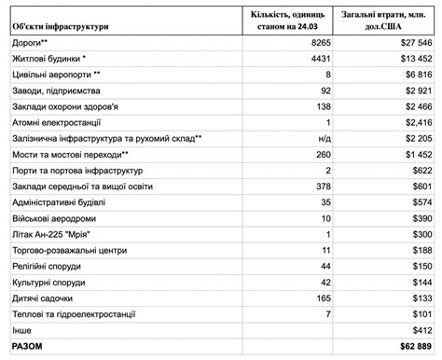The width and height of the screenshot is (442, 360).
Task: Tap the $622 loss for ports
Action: [421, 171]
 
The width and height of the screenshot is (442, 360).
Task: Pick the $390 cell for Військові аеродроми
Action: [421, 218]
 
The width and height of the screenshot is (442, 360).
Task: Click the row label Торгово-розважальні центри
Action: [68, 250]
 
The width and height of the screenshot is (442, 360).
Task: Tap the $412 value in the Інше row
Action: [421, 330]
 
